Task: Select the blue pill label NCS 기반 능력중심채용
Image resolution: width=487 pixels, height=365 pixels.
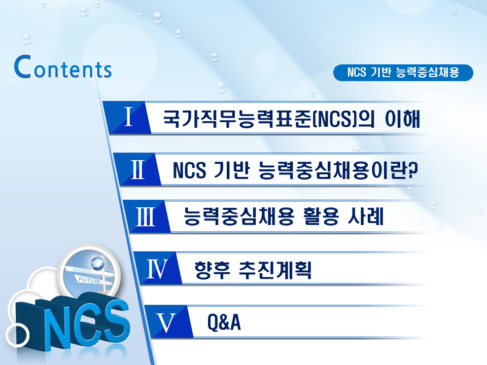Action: (x=403, y=72)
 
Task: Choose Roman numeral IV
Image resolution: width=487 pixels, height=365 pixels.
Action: (x=157, y=269)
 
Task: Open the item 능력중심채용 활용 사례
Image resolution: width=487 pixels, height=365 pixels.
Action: (x=284, y=218)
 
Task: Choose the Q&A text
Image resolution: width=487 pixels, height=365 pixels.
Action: (x=224, y=322)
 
